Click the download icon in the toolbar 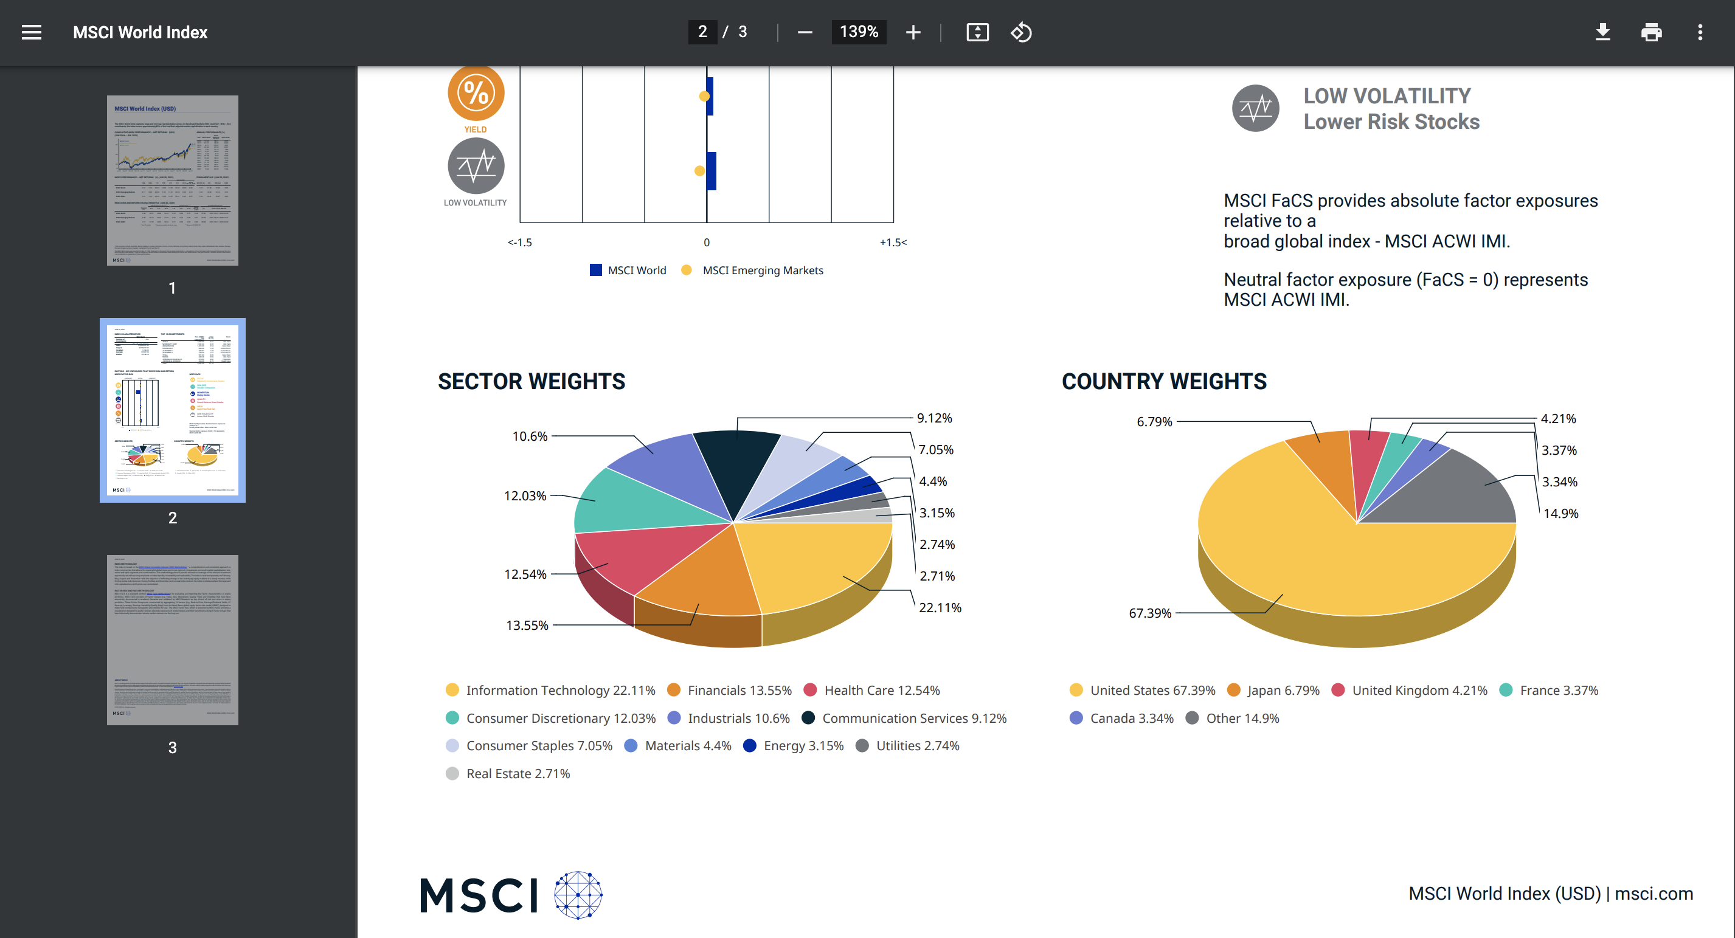tap(1602, 32)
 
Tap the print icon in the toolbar tap(1651, 32)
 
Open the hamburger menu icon tap(32, 32)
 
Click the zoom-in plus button tap(913, 32)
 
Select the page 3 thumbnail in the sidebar tap(173, 639)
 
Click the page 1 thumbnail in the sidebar tap(173, 180)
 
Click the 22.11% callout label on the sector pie tap(940, 607)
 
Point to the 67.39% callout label tap(1150, 613)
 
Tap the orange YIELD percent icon tap(476, 93)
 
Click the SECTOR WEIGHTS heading tap(532, 381)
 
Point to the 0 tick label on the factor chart tap(706, 243)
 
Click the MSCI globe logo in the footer tap(578, 894)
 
